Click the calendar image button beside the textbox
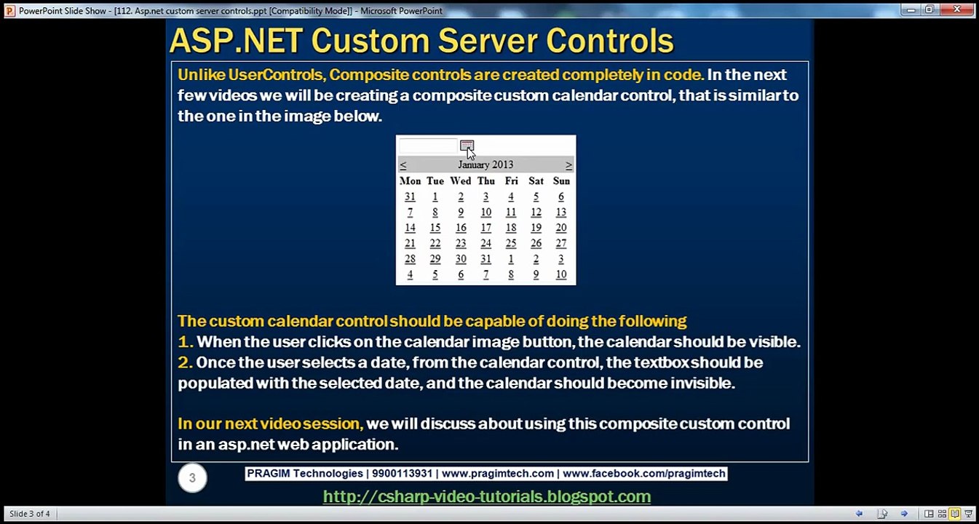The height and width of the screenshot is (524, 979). (467, 146)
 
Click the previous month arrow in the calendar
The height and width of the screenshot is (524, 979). (403, 165)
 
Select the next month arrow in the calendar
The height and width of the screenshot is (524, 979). (568, 165)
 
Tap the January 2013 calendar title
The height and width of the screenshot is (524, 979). (485, 164)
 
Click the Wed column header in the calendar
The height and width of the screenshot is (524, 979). (460, 180)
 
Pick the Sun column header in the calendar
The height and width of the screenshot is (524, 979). (561, 180)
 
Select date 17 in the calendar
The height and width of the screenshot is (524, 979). (485, 228)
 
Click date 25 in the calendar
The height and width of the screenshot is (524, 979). (511, 244)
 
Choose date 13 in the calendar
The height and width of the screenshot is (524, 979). (560, 213)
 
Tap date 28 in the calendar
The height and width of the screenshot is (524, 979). (410, 259)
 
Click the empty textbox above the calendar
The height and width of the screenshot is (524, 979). (428, 146)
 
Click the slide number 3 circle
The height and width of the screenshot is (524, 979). (192, 478)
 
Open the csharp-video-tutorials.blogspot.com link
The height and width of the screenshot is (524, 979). (486, 496)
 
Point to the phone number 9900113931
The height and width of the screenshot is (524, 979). (402, 474)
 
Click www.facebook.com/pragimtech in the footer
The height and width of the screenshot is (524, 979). (643, 474)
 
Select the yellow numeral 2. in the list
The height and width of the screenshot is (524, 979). (185, 362)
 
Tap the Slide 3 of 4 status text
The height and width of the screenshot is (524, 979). (30, 514)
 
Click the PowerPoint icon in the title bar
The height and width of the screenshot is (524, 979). (9, 11)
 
